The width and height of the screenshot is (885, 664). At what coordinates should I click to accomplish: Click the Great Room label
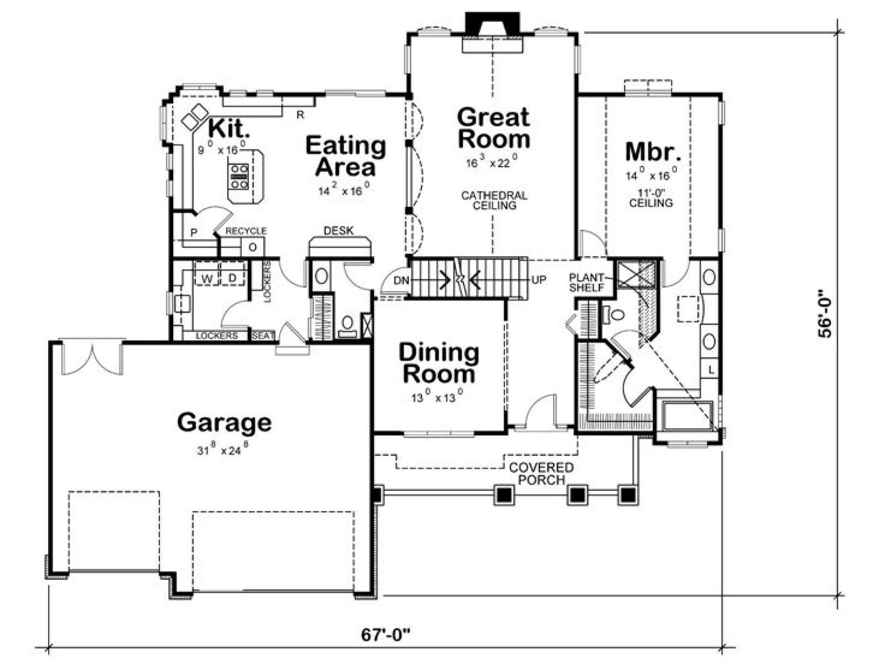[493, 128]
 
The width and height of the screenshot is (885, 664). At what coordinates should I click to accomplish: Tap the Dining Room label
[439, 363]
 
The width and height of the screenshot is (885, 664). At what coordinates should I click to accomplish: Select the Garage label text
[224, 423]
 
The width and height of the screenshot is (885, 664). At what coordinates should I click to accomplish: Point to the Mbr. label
[653, 152]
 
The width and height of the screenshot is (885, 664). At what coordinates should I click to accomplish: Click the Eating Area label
[346, 156]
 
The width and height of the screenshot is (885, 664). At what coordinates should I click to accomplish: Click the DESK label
[339, 231]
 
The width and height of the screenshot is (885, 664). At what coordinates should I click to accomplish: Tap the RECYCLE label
[246, 231]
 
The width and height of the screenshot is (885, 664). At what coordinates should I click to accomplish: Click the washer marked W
[207, 278]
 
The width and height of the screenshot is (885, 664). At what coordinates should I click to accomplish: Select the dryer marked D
[232, 278]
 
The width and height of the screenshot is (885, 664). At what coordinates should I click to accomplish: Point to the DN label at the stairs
[401, 280]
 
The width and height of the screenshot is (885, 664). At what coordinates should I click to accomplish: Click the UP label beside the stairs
[539, 280]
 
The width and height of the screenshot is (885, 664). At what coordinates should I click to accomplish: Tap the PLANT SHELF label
[587, 282]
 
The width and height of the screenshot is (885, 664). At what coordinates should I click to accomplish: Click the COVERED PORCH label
[542, 474]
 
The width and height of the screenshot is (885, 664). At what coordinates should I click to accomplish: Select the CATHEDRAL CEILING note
[494, 200]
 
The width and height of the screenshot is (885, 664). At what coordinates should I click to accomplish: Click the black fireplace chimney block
[492, 24]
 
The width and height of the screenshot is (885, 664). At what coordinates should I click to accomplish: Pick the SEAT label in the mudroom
[263, 335]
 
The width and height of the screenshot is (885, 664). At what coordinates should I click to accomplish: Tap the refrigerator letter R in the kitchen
[300, 115]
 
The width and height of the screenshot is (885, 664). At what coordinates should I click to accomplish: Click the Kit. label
[228, 128]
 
